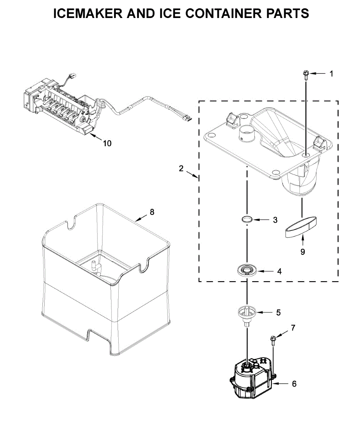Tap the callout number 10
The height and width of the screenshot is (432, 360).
[107, 143]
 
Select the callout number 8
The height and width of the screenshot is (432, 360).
[152, 212]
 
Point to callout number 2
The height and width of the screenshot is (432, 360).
[181, 168]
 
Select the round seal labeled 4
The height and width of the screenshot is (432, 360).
[246, 269]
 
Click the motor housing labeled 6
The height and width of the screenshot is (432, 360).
[252, 378]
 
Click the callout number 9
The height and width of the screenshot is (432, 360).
[302, 252]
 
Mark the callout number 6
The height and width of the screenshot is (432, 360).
[294, 384]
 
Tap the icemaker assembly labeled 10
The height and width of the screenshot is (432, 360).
[61, 108]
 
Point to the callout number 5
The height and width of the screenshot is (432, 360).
[278, 312]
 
